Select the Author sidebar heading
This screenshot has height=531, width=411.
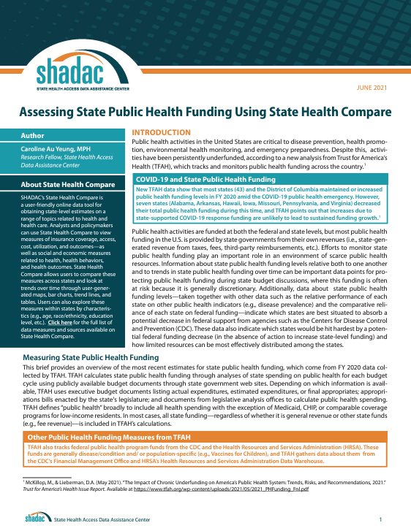click(x=33, y=135)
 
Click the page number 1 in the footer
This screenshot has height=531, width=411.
click(x=380, y=519)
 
